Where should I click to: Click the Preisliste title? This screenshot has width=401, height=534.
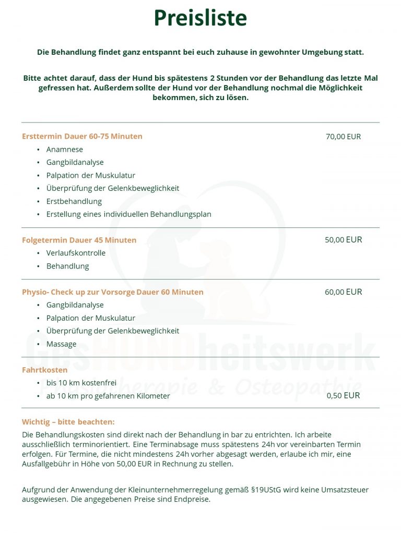click(x=200, y=18)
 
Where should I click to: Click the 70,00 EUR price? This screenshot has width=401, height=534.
click(x=343, y=137)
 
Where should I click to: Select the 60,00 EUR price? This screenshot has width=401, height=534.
click(x=343, y=292)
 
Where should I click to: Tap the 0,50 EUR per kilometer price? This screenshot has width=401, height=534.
click(x=343, y=395)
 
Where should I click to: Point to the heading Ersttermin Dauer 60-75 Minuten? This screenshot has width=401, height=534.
click(x=82, y=137)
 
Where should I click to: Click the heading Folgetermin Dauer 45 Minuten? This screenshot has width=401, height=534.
click(x=79, y=240)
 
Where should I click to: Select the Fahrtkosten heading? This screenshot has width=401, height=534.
click(x=45, y=370)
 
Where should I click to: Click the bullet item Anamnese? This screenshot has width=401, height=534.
click(x=65, y=150)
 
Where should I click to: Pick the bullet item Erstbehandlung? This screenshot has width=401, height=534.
click(x=74, y=201)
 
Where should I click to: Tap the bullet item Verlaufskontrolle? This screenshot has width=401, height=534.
click(x=76, y=253)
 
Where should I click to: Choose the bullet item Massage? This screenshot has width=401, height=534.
click(x=61, y=344)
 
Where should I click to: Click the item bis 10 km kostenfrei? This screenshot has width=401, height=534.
click(x=81, y=383)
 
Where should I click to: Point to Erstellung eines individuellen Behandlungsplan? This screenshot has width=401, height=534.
click(x=128, y=214)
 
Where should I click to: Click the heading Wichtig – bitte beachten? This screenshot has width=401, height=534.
click(x=68, y=422)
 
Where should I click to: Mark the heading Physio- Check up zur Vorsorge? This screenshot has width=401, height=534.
click(x=78, y=292)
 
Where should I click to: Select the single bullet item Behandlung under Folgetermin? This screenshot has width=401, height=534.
click(x=67, y=266)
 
